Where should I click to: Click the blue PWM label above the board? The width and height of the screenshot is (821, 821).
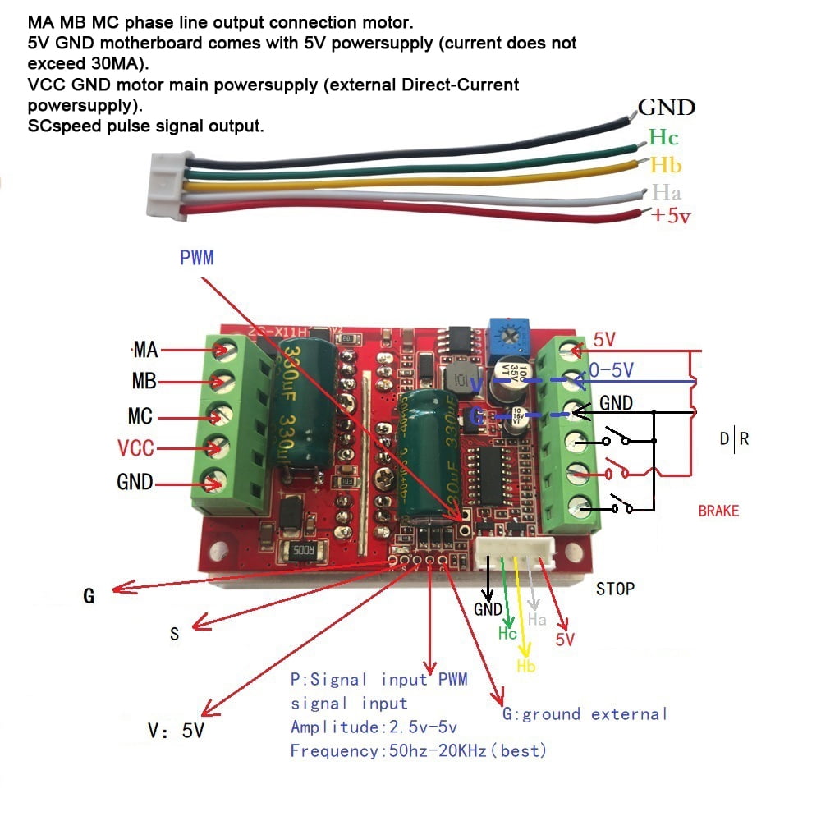coord(196,258)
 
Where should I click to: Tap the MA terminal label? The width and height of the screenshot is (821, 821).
coord(144,351)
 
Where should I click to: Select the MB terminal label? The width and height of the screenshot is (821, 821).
coord(144,383)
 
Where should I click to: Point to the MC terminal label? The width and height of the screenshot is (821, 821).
coord(140,416)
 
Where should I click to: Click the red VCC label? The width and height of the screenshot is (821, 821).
coord(135,449)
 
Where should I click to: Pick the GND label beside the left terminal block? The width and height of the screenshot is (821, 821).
coord(135,483)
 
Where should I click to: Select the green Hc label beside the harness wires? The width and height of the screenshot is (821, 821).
coord(663,137)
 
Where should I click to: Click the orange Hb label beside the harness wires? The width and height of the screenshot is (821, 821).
coord(665,165)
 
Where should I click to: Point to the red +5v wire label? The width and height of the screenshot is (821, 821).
coord(670,216)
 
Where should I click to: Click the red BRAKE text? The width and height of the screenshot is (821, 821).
coord(718,511)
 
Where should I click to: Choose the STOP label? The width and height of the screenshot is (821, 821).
coord(615,588)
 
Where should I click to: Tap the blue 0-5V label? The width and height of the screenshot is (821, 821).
coord(612,371)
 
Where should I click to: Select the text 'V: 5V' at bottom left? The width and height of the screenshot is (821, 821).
coord(176,730)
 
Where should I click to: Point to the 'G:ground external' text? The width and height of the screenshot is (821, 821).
coord(585,713)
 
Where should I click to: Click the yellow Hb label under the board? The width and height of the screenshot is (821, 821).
coord(526,666)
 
